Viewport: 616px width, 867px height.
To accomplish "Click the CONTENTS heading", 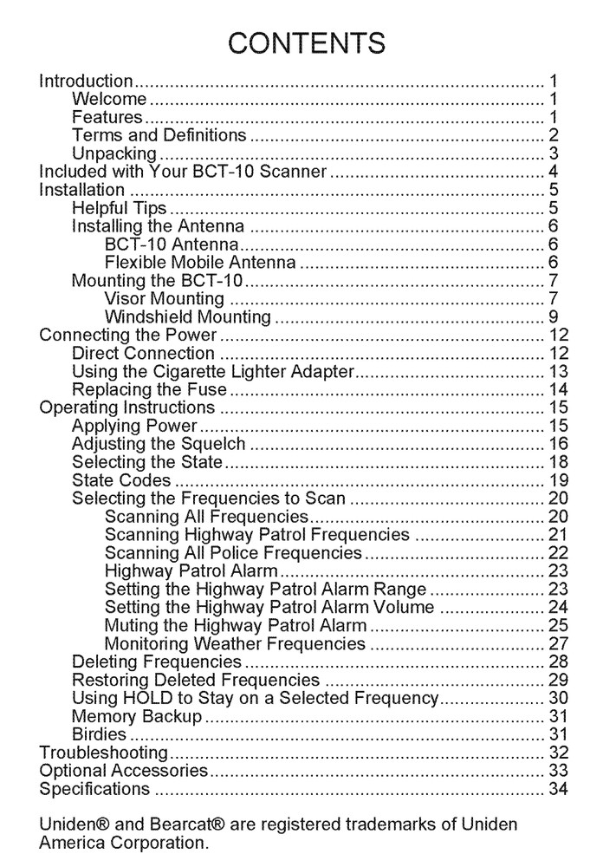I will pyautogui.click(x=308, y=42).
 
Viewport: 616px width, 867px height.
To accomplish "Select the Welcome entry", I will pyautogui.click(x=109, y=100).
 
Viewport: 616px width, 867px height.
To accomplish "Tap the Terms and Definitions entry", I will pyautogui.click(x=159, y=135).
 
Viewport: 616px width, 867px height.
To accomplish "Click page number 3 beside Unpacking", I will pyautogui.click(x=553, y=154).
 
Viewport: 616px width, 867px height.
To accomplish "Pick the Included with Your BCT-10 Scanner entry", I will pyautogui.click(x=183, y=172).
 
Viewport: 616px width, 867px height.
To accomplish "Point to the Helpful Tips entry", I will pyautogui.click(x=119, y=208).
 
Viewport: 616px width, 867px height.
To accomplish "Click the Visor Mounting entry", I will pyautogui.click(x=164, y=299).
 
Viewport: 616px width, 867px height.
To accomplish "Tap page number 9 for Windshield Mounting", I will pyautogui.click(x=553, y=317).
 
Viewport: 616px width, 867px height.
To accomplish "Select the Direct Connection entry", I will pyautogui.click(x=143, y=354).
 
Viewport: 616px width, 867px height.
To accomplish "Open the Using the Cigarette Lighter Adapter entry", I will pyautogui.click(x=213, y=372).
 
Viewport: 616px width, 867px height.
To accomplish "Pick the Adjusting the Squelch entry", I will pyautogui.click(x=159, y=444).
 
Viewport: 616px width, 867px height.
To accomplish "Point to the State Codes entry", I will pyautogui.click(x=121, y=480).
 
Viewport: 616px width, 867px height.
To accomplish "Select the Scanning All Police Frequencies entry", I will pyautogui.click(x=233, y=553).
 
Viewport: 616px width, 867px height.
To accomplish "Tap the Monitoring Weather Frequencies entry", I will pyautogui.click(x=235, y=644).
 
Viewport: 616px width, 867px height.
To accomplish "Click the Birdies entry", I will pyautogui.click(x=99, y=734).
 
